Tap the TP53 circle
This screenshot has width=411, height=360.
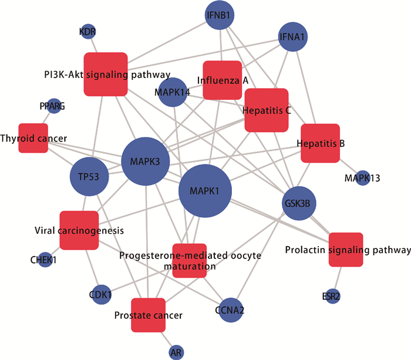tap(89, 176)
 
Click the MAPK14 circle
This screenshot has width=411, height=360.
tap(172, 92)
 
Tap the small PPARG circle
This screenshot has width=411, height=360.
tap(54, 106)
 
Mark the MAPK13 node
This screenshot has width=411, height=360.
tap(362, 177)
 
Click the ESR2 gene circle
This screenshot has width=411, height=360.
tap(332, 297)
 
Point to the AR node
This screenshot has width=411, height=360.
tap(176, 352)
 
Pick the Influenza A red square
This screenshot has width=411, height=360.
tap(223, 80)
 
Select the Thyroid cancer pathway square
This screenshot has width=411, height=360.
tap(33, 138)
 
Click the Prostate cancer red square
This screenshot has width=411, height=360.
tap(148, 315)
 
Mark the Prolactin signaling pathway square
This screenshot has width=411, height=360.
tap(346, 250)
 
